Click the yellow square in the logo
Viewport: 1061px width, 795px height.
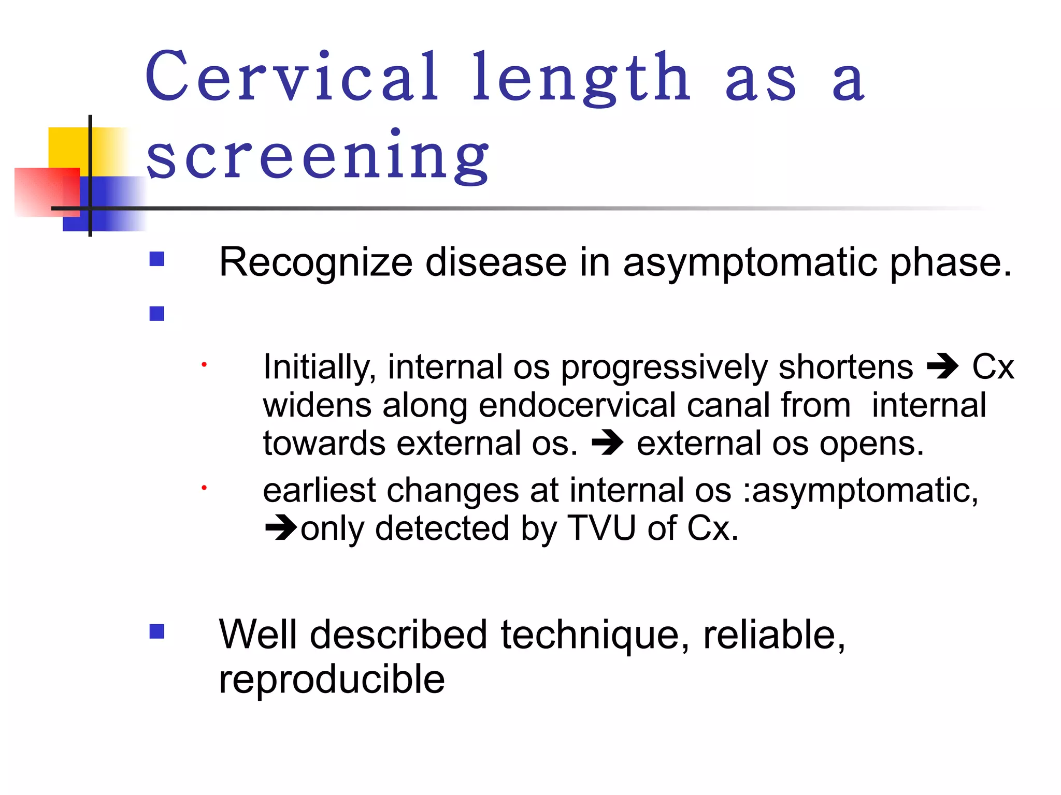click(69, 148)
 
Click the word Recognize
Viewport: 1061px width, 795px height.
click(316, 263)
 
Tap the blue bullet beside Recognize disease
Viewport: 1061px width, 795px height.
click(156, 259)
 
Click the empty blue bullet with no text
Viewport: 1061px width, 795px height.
click(156, 314)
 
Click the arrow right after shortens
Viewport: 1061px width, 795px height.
click(942, 366)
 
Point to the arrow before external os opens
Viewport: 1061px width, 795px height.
click(607, 444)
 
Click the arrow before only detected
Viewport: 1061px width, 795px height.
click(281, 528)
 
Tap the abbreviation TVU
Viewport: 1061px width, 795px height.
click(601, 528)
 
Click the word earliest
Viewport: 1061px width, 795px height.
click(319, 490)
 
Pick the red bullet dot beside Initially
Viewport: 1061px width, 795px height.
click(204, 365)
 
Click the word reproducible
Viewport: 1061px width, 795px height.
click(332, 679)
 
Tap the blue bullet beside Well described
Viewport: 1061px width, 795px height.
click(156, 631)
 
